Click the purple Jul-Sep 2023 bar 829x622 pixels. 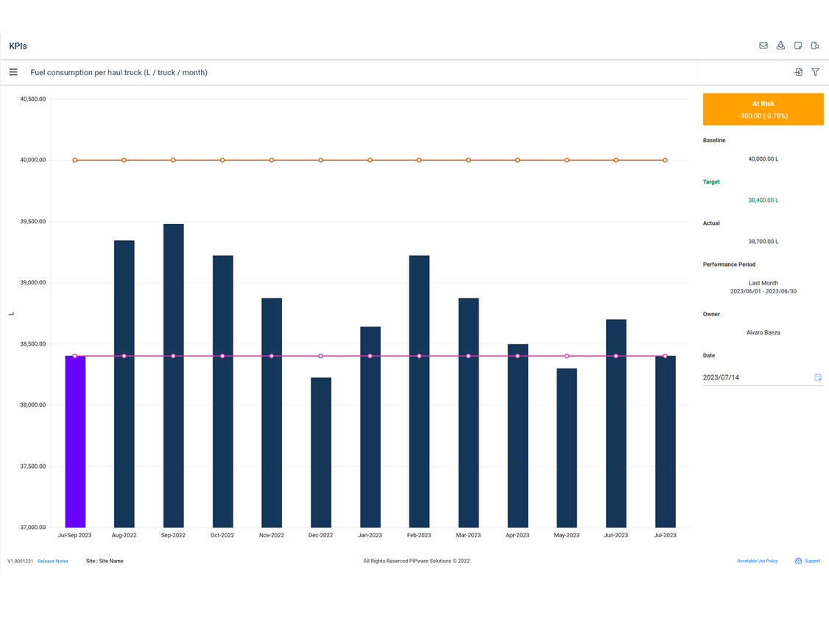(x=75, y=442)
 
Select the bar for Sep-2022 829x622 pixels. (x=173, y=376)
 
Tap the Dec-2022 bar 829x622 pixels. (x=321, y=452)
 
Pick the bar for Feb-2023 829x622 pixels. (x=419, y=391)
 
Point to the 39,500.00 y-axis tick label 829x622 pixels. (x=32, y=221)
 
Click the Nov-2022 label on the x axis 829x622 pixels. (x=272, y=535)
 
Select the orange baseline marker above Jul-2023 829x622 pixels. (x=665, y=160)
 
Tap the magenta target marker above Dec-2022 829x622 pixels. (x=321, y=356)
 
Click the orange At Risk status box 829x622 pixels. (x=763, y=109)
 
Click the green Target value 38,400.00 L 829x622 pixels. (x=763, y=200)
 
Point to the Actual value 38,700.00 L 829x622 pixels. (x=763, y=242)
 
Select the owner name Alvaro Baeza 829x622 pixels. (x=763, y=332)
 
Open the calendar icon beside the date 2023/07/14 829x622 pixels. (x=818, y=377)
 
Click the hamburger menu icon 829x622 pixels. (x=13, y=72)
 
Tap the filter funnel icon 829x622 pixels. (x=815, y=72)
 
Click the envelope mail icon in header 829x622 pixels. (x=763, y=46)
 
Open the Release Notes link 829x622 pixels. (x=53, y=561)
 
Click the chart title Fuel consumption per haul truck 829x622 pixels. (x=119, y=72)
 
